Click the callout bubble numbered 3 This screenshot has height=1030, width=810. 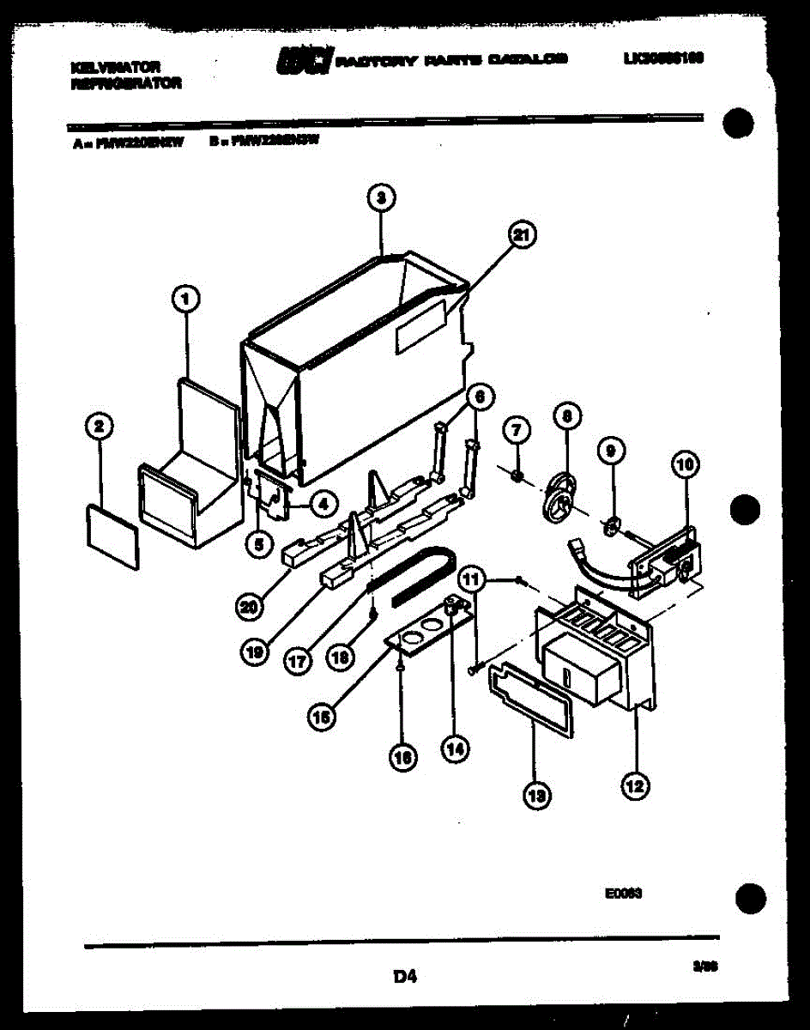click(x=381, y=198)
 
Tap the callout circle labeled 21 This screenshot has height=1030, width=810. click(x=521, y=234)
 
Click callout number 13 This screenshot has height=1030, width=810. click(x=538, y=796)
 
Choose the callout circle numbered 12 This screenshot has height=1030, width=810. click(x=634, y=783)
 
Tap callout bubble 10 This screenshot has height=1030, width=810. click(x=685, y=466)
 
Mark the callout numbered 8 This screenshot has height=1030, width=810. click(x=565, y=417)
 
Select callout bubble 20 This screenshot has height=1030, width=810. click(x=248, y=607)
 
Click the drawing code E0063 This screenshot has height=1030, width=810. click(x=624, y=893)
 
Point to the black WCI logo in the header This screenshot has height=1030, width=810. click(x=303, y=60)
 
